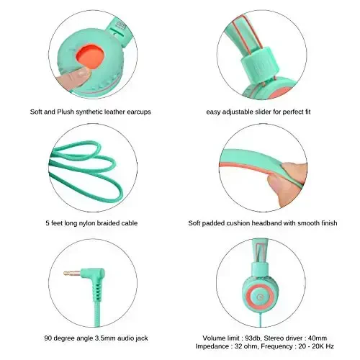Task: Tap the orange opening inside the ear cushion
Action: (90, 56)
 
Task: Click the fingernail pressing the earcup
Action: (83, 72)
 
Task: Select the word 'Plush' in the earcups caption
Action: (66, 112)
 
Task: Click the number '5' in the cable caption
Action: (48, 223)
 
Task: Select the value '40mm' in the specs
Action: (318, 338)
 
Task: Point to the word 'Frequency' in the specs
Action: (276, 346)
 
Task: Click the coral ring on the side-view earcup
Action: (251, 297)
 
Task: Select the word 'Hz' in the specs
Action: (330, 346)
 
